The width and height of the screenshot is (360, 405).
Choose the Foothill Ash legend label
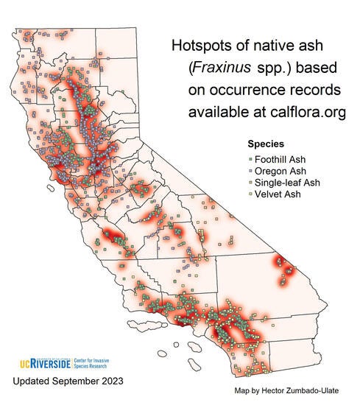tap(282, 159)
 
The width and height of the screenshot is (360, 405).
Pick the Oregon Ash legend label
tap(280, 171)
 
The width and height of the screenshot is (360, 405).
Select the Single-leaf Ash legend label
tap(286, 183)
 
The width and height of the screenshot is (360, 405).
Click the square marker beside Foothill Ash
tap(251, 159)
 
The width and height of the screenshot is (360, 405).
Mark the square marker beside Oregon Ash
tap(251, 171)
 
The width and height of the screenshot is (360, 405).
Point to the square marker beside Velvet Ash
tap(251, 194)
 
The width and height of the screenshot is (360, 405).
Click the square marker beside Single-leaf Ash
tap(251, 183)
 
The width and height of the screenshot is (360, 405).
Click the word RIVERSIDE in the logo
tap(51, 363)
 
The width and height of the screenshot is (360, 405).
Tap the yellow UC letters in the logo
tap(21, 363)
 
